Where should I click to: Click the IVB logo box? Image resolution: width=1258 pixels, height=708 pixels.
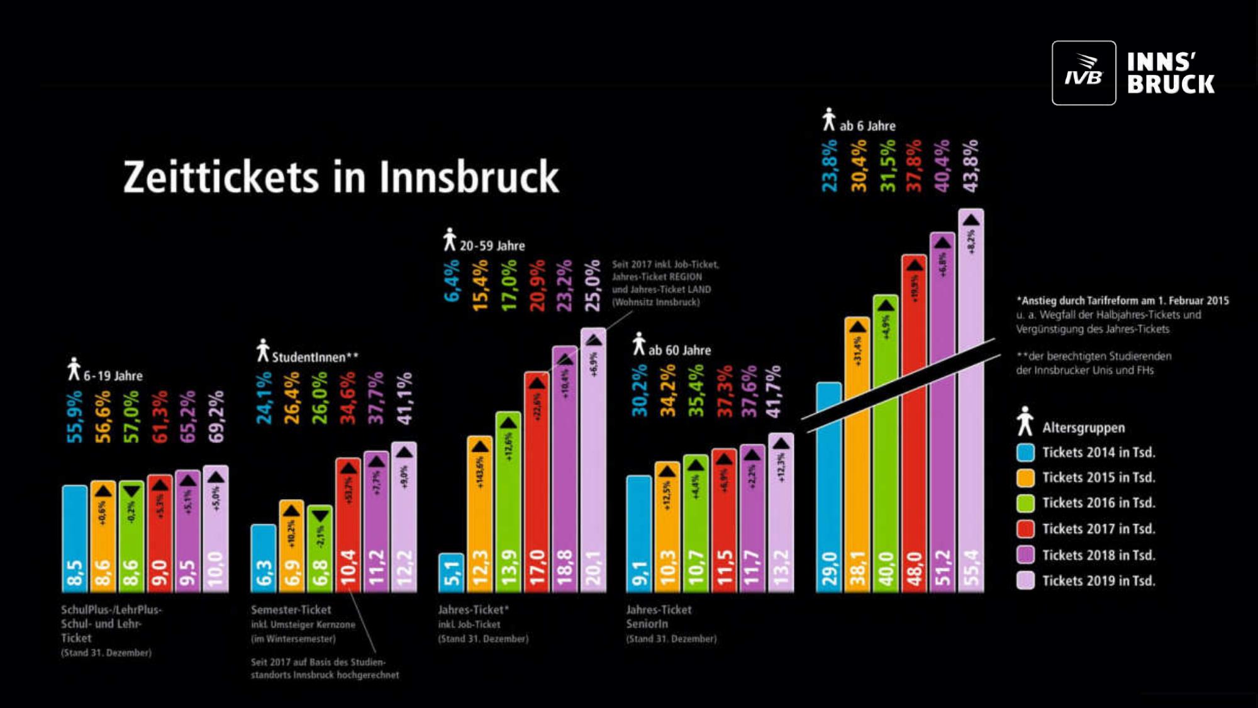pos(1083,73)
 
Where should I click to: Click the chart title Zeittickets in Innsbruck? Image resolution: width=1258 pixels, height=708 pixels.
pos(341,177)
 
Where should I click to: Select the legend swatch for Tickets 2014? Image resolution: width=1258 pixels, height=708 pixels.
pos(1025,452)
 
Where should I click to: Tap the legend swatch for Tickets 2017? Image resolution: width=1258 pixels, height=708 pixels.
pos(1025,529)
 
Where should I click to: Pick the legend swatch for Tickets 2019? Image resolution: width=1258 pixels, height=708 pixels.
pos(1025,580)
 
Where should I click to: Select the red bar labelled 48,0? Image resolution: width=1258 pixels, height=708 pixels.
pos(913,428)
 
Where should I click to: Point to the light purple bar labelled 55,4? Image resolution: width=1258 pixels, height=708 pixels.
pos(971,403)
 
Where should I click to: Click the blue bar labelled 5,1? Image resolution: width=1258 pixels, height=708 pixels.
pos(451,573)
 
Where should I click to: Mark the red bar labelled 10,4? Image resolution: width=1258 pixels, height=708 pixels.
pos(348,525)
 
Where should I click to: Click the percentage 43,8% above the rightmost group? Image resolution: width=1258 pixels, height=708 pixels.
pos(971,166)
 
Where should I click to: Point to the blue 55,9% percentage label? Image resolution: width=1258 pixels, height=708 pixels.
pos(74,417)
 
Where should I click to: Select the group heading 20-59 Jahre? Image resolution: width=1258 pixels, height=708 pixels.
pos(492,246)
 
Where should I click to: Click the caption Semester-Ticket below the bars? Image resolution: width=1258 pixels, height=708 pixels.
pos(291,610)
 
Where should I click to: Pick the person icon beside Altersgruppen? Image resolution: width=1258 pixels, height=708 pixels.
pos(1025,421)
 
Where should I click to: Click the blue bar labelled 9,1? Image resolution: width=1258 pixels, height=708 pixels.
pos(638,535)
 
